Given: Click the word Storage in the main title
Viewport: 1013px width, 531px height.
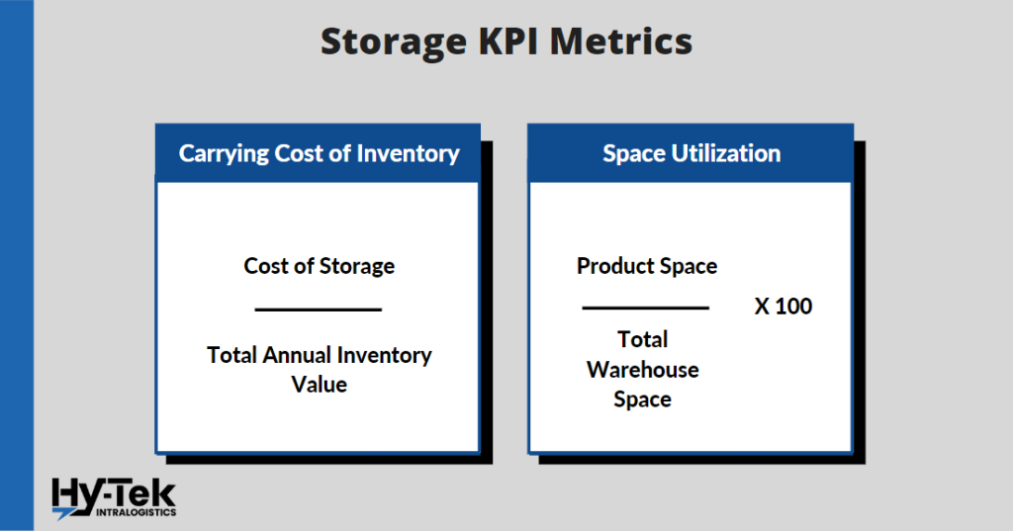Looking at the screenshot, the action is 394,43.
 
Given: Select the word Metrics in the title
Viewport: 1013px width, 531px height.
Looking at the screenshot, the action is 621,42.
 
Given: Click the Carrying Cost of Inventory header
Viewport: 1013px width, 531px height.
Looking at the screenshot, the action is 319,153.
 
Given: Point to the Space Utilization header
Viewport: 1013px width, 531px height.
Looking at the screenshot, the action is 691,153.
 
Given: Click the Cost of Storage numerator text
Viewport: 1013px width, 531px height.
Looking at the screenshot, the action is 319,266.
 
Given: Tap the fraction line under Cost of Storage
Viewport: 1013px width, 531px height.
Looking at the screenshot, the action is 319,310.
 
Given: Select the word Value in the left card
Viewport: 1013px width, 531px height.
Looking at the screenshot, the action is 320,385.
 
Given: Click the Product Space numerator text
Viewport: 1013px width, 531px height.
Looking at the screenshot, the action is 647,266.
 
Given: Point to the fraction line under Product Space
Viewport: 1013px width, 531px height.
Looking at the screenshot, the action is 645,309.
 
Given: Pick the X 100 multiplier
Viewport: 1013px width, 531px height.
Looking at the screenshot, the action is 783,307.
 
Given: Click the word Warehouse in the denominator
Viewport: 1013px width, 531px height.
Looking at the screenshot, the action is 643,370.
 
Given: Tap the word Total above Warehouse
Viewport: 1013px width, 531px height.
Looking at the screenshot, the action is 643,339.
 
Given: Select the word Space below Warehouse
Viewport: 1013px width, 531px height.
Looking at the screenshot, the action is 642,399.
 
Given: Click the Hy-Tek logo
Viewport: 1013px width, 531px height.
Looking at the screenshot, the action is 114,498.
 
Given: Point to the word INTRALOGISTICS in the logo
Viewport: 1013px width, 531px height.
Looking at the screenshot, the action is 136,512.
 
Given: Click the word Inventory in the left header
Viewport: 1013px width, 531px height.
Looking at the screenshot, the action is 408,153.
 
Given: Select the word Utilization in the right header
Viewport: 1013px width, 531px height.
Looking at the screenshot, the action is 726,153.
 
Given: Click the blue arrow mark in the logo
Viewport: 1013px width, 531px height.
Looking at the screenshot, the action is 64,513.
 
